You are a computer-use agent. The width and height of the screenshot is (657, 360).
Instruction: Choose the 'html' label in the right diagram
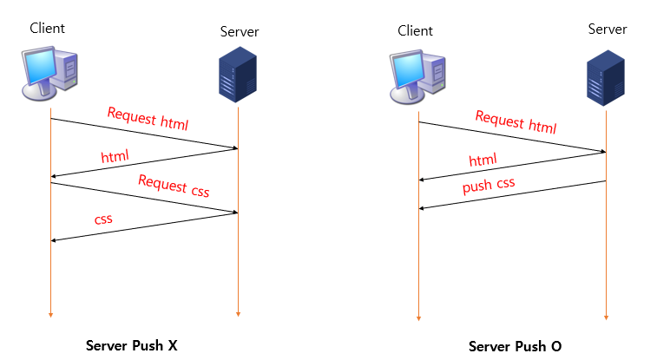(483, 160)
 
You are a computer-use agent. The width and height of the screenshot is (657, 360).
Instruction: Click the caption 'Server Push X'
(132, 345)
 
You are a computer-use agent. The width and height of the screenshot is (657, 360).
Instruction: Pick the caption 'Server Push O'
(515, 346)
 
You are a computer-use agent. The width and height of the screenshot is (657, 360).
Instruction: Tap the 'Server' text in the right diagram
(607, 29)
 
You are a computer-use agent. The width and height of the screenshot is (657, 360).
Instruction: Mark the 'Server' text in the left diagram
(240, 32)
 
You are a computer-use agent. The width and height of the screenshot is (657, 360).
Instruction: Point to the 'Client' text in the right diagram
(415, 31)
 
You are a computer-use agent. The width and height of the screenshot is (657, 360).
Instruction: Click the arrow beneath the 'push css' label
(512, 195)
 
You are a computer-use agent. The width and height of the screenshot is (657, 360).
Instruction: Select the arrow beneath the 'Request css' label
(144, 198)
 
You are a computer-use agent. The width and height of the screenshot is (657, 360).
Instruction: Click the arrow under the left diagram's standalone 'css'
(144, 226)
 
